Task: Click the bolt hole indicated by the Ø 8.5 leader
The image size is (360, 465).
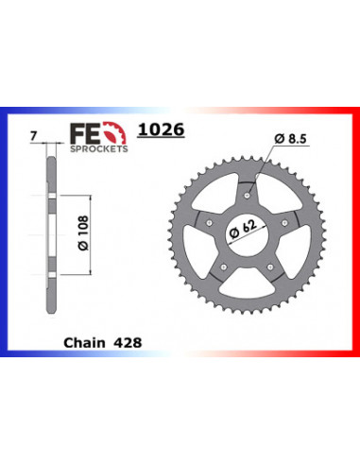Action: tap(248, 193)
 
